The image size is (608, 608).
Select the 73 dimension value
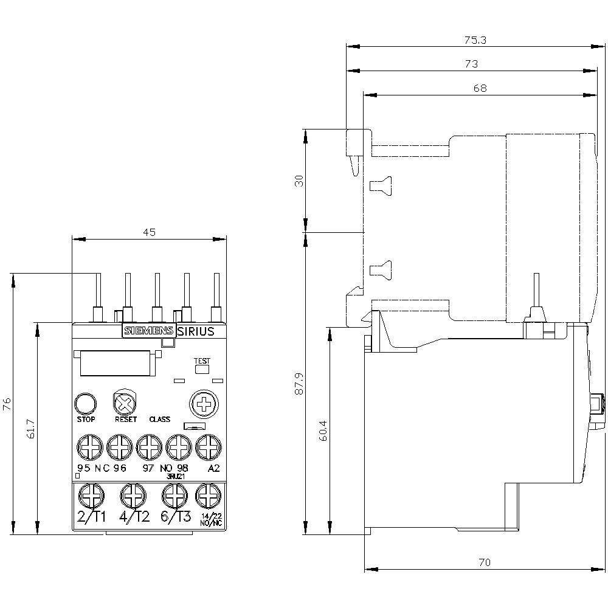coord(471,63)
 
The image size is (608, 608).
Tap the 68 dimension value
coord(480,88)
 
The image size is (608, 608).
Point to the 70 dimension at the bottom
coord(484,562)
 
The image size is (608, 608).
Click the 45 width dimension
coord(150,232)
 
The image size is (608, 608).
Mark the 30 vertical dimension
coord(299,181)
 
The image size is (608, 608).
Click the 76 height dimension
coord(7,404)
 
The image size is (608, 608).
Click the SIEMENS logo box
coord(148,331)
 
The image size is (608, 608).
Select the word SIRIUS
coord(195,331)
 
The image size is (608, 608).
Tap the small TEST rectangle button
coord(202,368)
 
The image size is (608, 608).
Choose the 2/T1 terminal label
coord(92,517)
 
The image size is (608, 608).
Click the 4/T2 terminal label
coord(134,517)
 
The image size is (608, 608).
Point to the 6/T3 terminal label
coord(176,517)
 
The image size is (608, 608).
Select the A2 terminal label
coord(213,468)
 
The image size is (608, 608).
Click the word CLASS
coord(160,420)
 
